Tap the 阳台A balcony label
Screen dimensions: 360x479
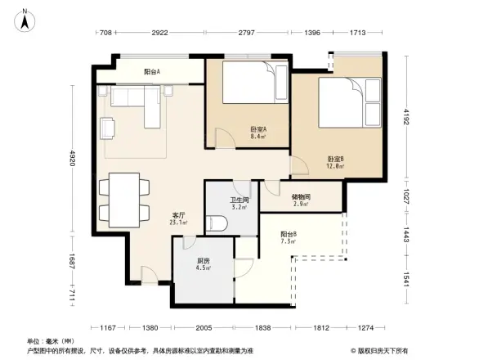tap(152, 72)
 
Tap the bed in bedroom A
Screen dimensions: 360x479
tap(254, 83)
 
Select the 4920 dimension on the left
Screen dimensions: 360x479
tap(73, 159)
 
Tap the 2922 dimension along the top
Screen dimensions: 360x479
tap(159, 33)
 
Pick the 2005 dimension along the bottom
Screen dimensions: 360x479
tap(204, 327)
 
